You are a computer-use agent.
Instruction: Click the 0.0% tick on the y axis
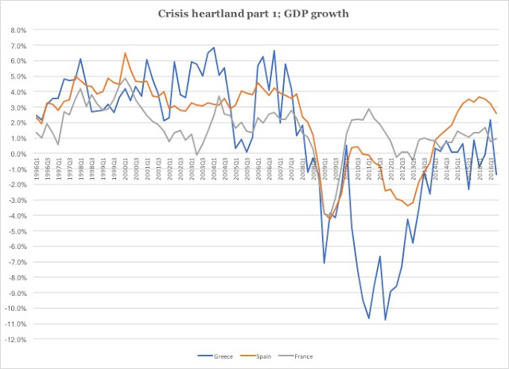pyautogui.click(x=18, y=153)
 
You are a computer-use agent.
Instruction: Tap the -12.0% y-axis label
pyautogui.click(x=16, y=339)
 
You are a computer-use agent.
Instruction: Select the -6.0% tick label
pyautogui.click(x=17, y=247)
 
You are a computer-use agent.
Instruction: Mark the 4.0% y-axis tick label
pyautogui.click(x=18, y=92)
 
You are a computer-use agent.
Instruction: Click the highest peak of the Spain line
pyautogui.click(x=125, y=53)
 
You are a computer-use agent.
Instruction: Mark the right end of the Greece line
pyautogui.click(x=497, y=174)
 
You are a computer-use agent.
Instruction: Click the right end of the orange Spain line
pyautogui.click(x=497, y=112)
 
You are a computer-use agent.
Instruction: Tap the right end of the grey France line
pyautogui.click(x=497, y=138)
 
